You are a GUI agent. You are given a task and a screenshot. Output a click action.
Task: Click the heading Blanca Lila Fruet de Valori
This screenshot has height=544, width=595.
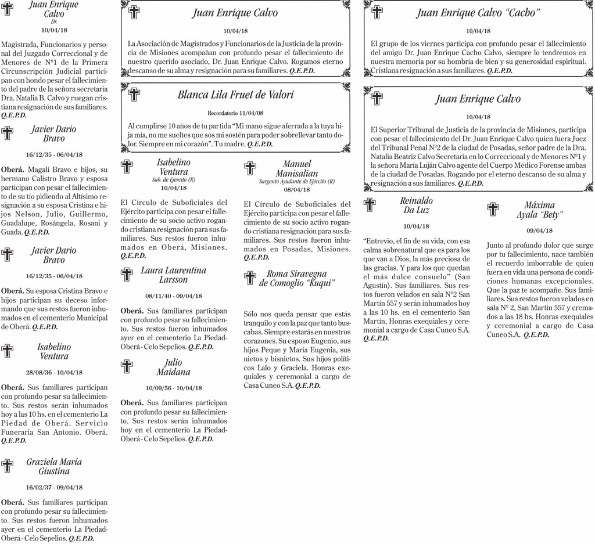click(x=235, y=95)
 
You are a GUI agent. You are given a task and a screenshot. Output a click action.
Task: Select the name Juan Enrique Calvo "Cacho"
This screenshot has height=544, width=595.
click(x=478, y=13)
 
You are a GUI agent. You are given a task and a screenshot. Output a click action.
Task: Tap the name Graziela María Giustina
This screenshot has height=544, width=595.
click(x=54, y=466)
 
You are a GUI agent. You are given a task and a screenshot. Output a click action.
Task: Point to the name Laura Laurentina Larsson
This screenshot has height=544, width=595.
click(x=173, y=275)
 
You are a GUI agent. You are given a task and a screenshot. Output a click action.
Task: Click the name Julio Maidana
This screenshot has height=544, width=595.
click(x=173, y=367)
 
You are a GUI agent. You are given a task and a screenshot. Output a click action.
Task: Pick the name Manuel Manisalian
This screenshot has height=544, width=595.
click(x=296, y=168)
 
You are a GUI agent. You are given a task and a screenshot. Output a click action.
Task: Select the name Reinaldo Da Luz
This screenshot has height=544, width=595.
click(x=416, y=205)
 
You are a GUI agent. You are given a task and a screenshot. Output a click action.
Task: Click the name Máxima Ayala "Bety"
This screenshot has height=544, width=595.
click(x=539, y=210)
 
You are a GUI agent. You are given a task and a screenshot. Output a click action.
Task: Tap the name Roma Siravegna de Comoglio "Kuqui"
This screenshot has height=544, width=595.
click(x=297, y=278)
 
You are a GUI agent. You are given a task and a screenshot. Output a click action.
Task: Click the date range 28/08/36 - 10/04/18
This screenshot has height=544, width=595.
click(x=54, y=372)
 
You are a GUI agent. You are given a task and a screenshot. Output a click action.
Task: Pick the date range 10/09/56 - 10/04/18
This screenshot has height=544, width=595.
click(x=173, y=388)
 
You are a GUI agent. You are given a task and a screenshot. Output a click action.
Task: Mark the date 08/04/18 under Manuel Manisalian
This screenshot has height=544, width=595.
click(x=296, y=189)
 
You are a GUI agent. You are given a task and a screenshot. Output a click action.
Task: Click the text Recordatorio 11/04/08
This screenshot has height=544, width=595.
click(x=235, y=113)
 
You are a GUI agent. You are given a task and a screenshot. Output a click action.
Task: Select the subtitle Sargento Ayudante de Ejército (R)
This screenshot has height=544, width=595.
click(x=296, y=182)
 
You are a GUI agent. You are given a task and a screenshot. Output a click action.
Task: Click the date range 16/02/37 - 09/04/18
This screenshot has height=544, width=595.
click(x=54, y=487)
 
